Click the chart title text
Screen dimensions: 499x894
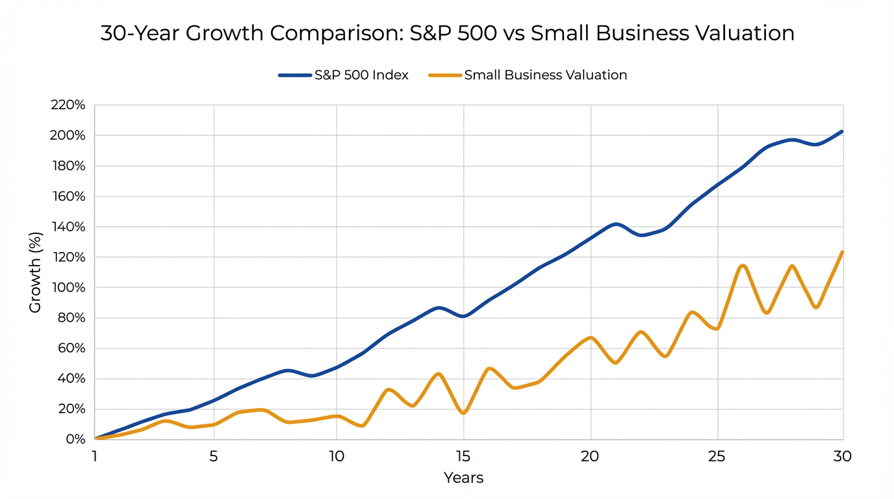coord(447,34)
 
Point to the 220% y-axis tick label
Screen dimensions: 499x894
coord(68,105)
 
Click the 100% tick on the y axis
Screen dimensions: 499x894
coord(68,287)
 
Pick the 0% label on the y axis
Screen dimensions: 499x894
coord(75,439)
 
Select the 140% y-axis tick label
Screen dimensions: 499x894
coord(68,227)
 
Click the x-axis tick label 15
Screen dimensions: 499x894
coord(463,457)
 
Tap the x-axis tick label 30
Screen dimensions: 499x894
coord(842,457)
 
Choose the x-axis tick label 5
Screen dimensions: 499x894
coord(214,457)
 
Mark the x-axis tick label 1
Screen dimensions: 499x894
coord(95,457)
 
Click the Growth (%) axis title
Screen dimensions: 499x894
coord(35,272)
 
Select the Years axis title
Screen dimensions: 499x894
coord(463,478)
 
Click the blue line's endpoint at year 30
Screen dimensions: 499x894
coord(842,132)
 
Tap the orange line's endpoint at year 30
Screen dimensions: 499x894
coord(842,252)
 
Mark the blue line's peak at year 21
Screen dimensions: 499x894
coord(616,224)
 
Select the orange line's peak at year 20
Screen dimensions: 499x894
coord(591,338)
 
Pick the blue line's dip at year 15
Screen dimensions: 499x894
coord(463,316)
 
